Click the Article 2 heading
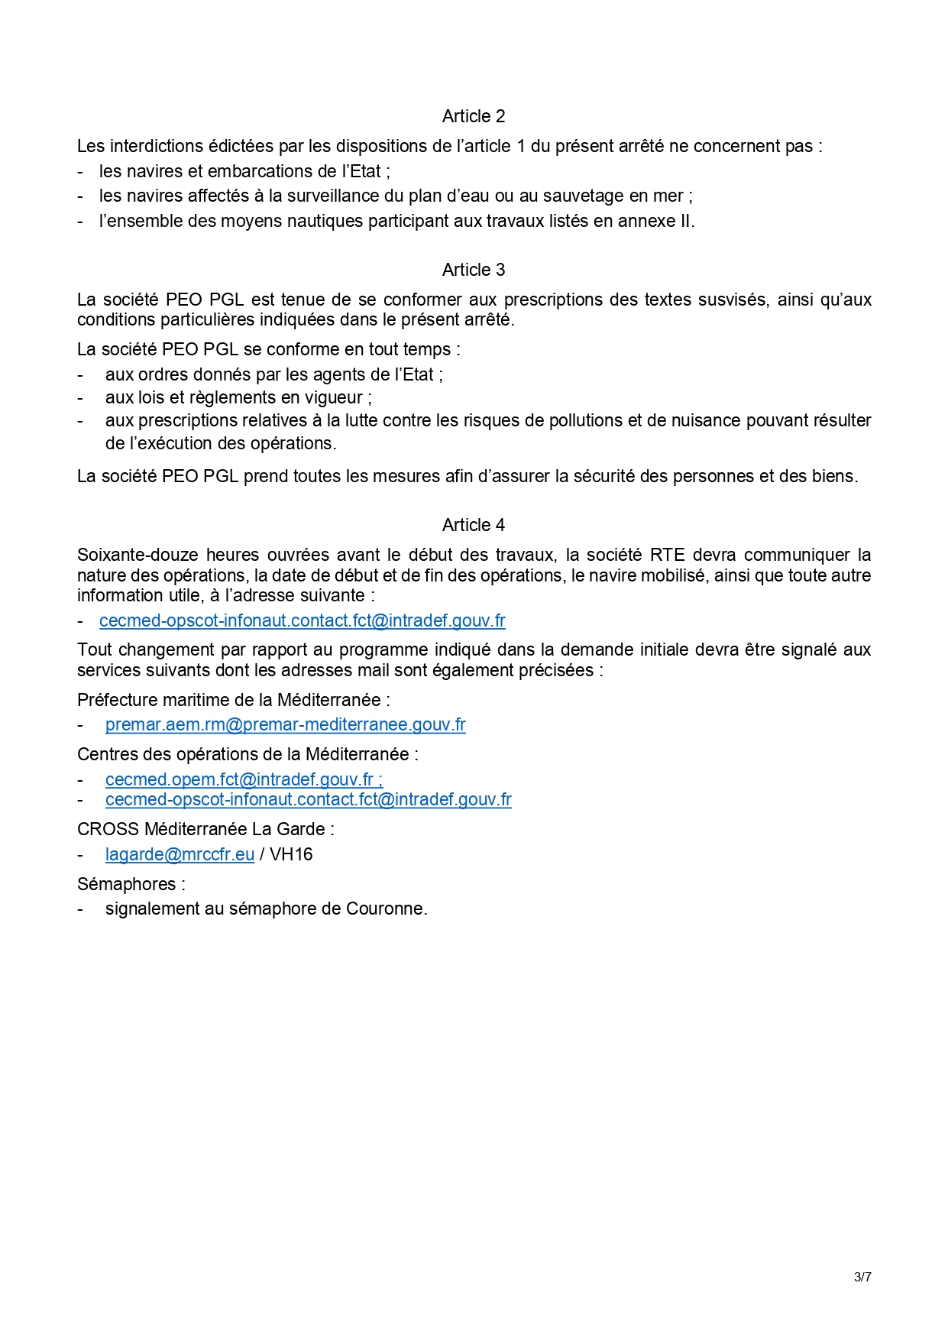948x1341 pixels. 474,116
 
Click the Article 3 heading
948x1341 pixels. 474,270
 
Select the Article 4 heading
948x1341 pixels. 474,525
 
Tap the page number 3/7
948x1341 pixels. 862,1277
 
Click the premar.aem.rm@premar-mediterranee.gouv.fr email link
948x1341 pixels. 285,724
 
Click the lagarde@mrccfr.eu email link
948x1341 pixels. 180,854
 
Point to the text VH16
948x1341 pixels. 291,854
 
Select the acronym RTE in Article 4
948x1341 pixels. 667,555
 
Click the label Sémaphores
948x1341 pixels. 127,884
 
